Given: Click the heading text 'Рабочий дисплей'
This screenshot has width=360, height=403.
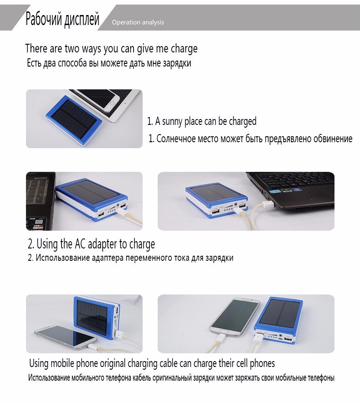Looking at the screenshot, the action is coord(62,19).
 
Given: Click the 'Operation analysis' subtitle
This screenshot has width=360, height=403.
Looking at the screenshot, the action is coord(138,22).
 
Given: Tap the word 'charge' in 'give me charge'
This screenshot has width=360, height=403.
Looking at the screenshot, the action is coord(184,49).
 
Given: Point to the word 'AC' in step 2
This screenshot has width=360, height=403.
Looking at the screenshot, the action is coord(80,244).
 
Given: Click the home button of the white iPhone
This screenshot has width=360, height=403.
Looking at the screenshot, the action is coord(112,103).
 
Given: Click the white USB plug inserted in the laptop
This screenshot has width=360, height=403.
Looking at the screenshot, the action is coord(268,205).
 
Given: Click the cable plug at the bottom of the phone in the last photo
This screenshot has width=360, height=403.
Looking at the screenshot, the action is coord(220,339).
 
